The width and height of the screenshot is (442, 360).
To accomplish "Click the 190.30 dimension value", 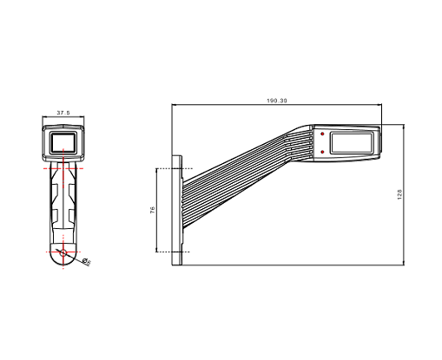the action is [x=277, y=101].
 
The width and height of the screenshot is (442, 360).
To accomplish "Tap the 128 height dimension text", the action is [x=399, y=194].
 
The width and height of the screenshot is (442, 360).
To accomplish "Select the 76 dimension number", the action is [x=153, y=210].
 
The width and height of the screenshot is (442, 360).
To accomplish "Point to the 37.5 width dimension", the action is [x=63, y=113].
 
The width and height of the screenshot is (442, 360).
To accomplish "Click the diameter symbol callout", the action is [x=86, y=261].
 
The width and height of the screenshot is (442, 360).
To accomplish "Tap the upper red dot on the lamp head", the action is [x=322, y=134].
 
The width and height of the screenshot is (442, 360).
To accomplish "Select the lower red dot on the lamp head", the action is [x=322, y=152].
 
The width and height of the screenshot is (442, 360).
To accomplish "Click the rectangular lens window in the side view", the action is [x=351, y=143].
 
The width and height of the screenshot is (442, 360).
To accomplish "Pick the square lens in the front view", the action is [x=63, y=142].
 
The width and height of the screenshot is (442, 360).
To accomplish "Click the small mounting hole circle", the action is [x=63, y=252].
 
